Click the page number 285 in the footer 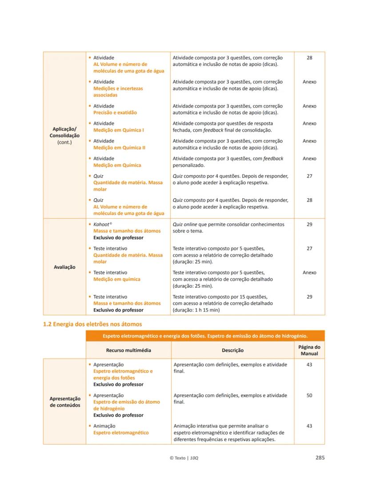tap(320, 458)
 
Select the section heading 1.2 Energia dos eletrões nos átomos tap(92, 324)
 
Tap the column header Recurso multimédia tap(128, 350)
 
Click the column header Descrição tap(232, 350)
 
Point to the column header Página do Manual tap(309, 350)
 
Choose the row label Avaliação tap(64, 267)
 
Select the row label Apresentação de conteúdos tap(64, 402)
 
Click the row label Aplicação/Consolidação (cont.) tap(64, 136)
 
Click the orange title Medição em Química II tap(119, 148)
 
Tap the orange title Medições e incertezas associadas tap(118, 92)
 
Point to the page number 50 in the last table tap(309, 395)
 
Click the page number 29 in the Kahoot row tap(309, 225)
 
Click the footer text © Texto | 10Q tap(184, 458)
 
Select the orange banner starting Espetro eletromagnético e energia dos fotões tap(205, 336)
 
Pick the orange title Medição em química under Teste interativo tap(116, 279)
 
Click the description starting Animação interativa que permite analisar tap(229, 433)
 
